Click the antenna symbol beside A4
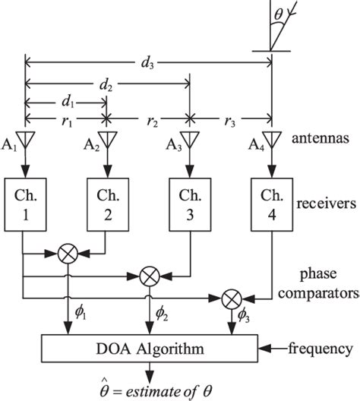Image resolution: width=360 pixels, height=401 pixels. pos(271,141)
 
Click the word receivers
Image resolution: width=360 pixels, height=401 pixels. pos(319,204)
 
